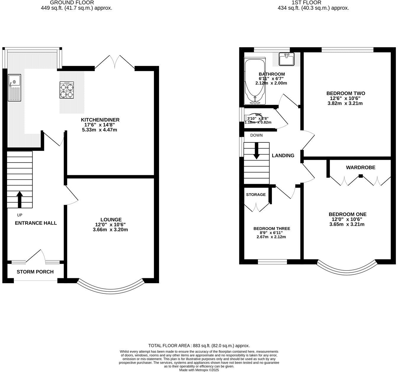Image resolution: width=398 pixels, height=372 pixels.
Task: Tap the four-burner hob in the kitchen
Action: coord(67,90)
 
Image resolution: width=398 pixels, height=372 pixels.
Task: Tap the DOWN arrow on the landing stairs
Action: coord(256,150)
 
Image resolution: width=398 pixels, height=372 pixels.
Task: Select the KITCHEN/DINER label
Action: coord(100,120)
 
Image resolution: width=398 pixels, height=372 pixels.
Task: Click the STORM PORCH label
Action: coord(35,272)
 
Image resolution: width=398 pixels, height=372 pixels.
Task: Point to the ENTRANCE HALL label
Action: coord(36,223)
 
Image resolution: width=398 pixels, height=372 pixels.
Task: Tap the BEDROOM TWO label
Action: coord(345,93)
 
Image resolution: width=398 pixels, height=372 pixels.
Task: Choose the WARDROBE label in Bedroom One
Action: coord(360,168)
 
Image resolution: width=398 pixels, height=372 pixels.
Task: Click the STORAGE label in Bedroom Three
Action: coord(256,194)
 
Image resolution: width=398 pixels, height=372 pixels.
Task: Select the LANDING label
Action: coord(283,155)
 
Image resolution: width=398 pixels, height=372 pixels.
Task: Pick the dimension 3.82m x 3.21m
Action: coord(345,103)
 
